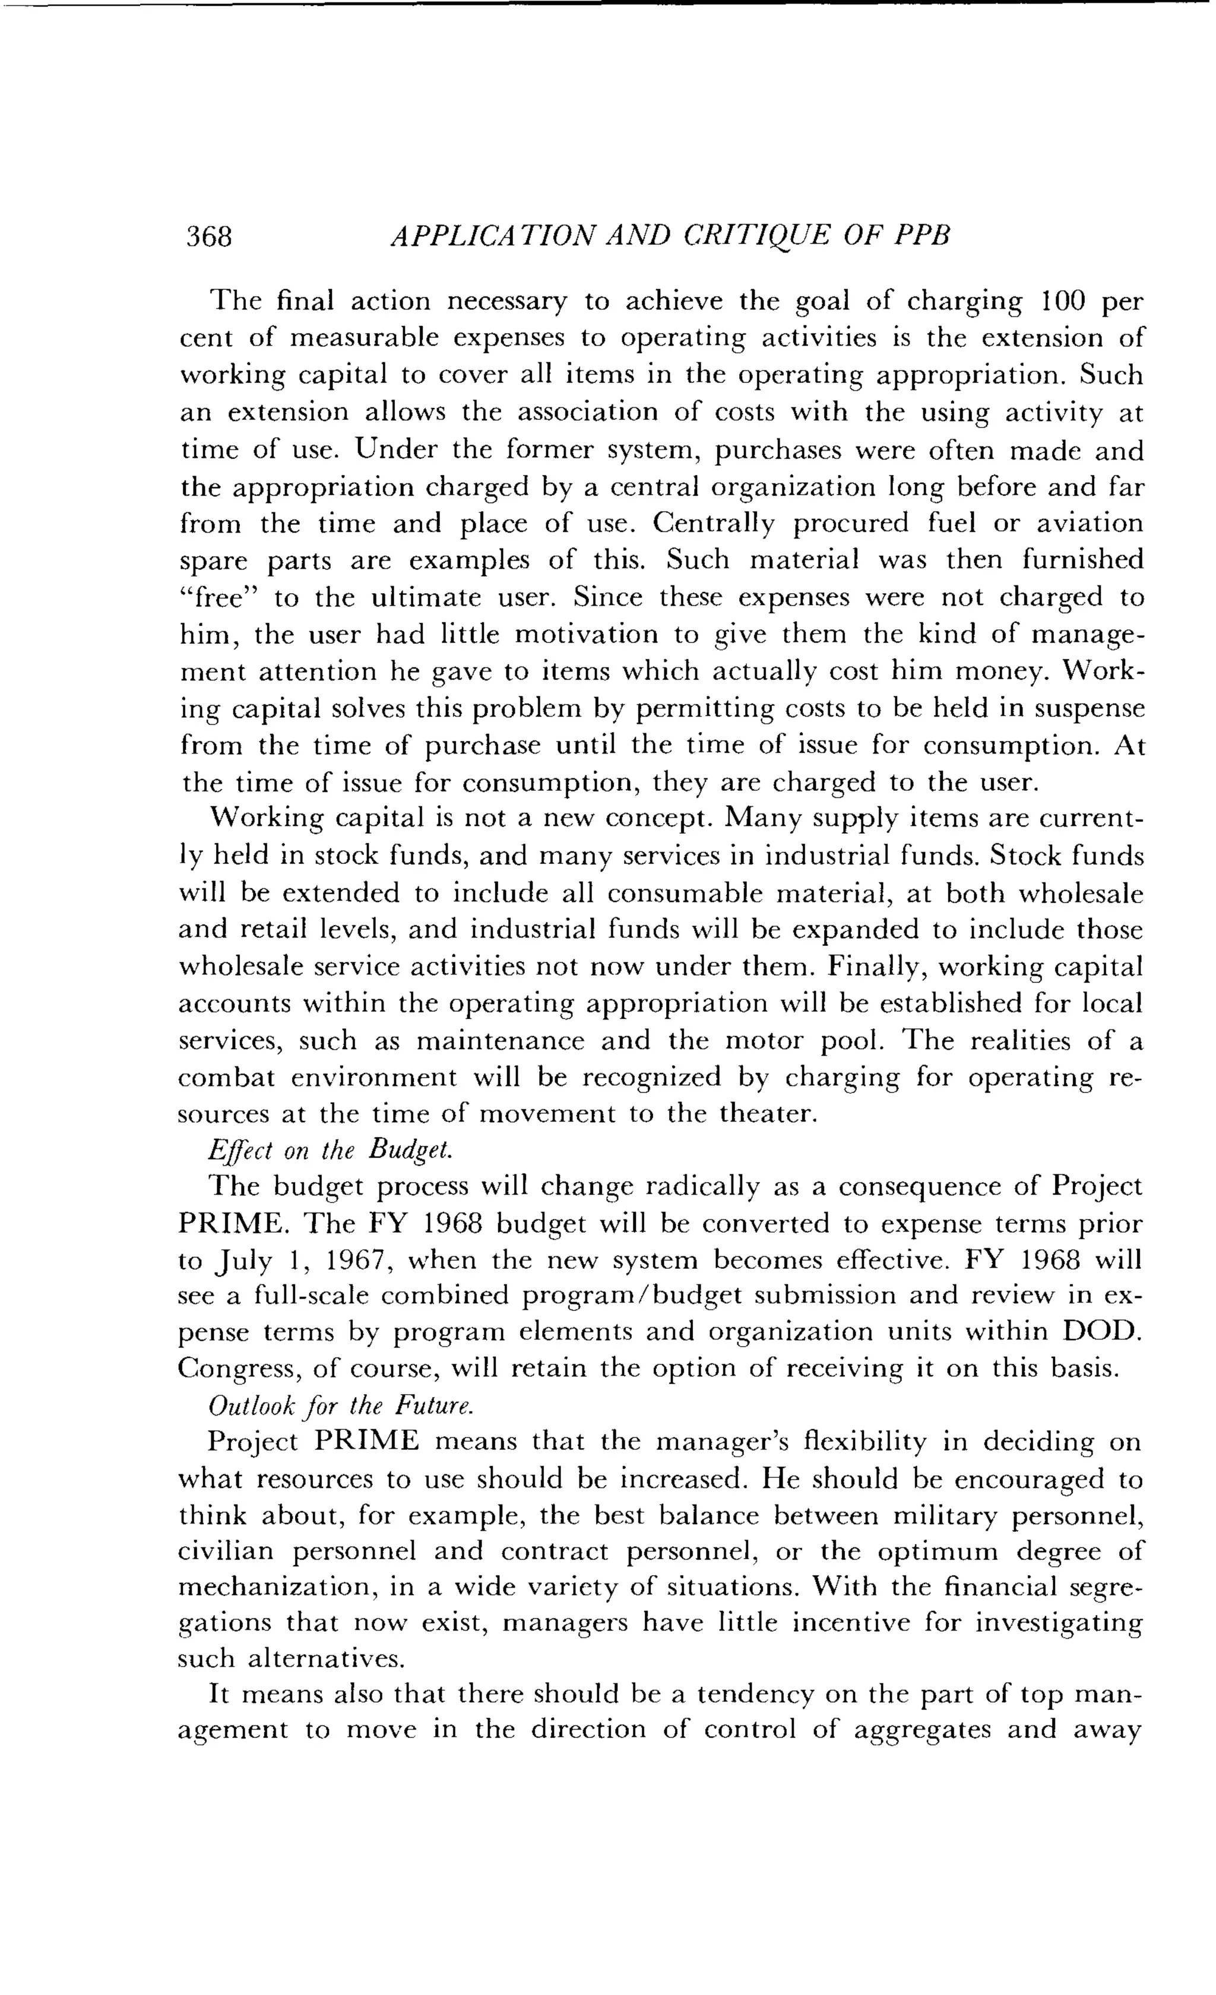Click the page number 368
[209, 236]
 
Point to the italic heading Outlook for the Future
[340, 1405]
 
